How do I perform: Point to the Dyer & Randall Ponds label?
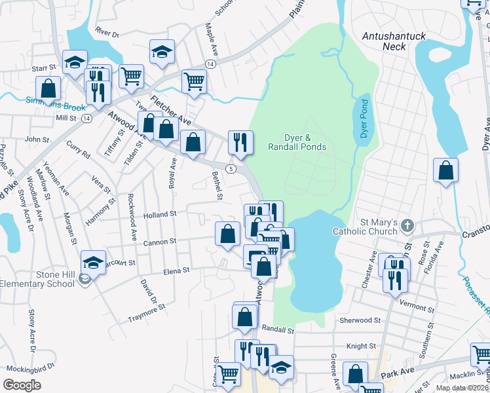(297, 142)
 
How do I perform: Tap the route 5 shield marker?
(231, 168)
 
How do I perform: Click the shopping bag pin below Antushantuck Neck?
(445, 170)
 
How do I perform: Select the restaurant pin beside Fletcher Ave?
(240, 141)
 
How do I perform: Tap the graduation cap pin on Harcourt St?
(93, 263)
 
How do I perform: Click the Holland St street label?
(160, 214)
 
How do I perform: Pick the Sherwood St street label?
(360, 320)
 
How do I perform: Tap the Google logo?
(22, 384)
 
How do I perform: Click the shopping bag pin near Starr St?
(48, 87)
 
